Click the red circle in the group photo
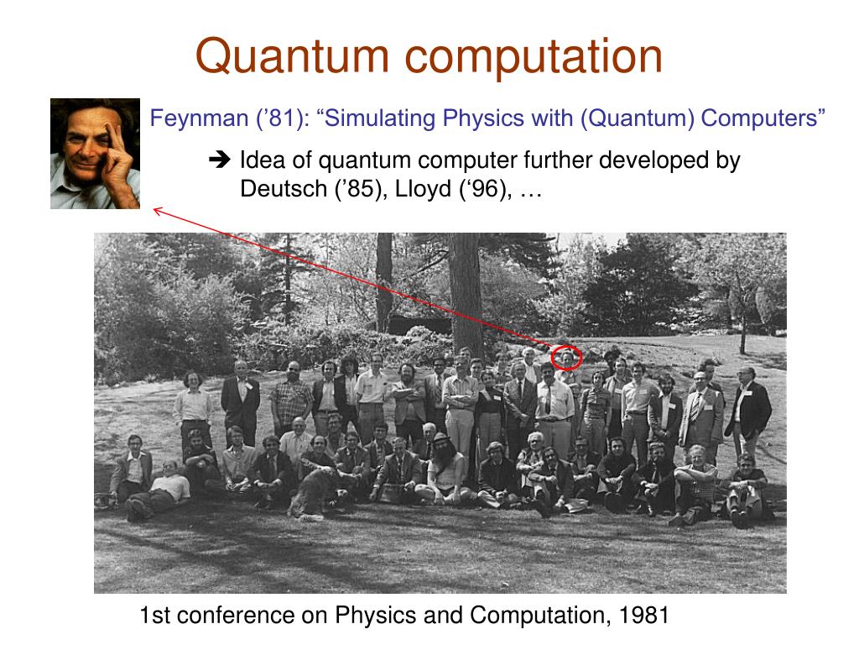[567, 358]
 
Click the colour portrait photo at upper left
[95, 154]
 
